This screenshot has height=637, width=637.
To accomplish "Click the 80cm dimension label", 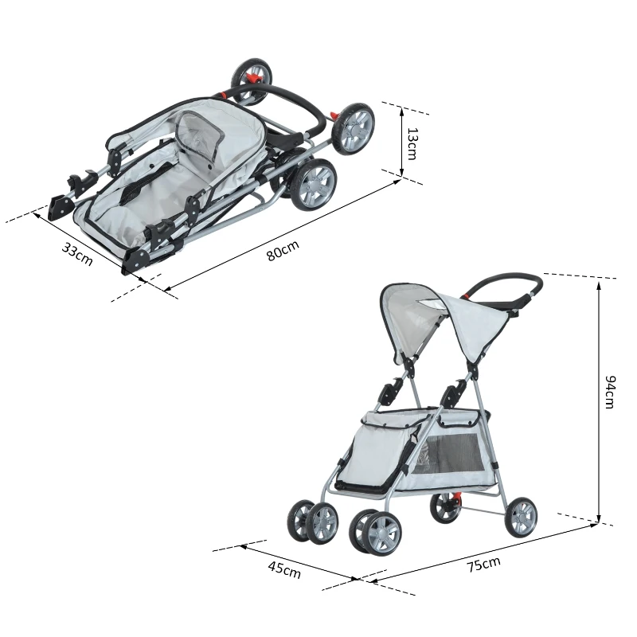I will [x=282, y=252].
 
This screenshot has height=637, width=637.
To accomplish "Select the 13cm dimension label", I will [x=412, y=143].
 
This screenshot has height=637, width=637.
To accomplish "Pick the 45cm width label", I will [x=284, y=569].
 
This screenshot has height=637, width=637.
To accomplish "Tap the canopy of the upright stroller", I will [x=446, y=318].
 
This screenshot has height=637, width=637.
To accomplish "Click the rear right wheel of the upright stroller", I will [x=521, y=516].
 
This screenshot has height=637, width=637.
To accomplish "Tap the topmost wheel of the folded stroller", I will [x=251, y=80].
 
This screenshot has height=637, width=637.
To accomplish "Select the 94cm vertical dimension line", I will [x=598, y=398].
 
